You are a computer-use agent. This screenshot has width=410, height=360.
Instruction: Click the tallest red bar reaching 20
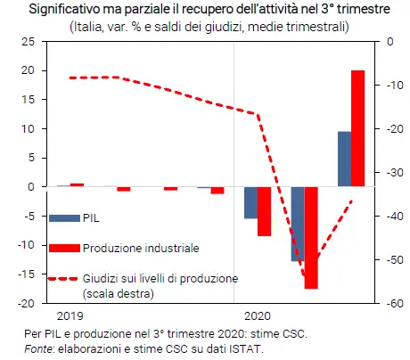358,128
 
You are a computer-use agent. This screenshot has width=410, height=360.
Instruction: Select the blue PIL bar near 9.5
344,160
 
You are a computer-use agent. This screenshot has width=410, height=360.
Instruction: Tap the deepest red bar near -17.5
311,238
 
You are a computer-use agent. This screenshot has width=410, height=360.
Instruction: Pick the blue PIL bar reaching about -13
297,224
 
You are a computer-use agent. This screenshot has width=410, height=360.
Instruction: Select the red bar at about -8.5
264,211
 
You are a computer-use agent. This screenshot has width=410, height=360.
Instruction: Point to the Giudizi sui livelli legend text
160,277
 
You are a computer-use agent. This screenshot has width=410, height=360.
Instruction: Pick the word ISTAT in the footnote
246,348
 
